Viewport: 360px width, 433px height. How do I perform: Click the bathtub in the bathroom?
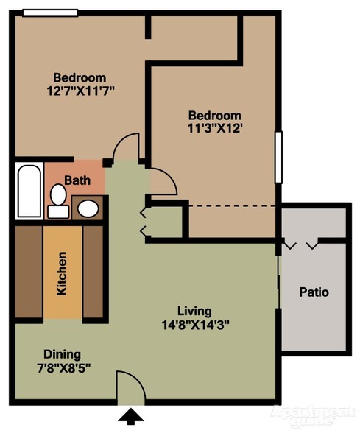[29, 191]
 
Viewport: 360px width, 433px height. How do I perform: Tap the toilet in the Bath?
[58, 201]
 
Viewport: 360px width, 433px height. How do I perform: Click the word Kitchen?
[62, 273]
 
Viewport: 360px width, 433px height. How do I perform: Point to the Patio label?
[314, 292]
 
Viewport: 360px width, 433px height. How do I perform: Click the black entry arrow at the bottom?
[130, 417]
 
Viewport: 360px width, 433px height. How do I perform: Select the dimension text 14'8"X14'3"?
[196, 325]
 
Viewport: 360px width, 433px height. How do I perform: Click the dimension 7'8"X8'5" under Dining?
[64, 368]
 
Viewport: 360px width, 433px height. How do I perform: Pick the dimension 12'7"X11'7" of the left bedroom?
[81, 91]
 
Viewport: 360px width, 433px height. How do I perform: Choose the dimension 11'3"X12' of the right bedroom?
[215, 128]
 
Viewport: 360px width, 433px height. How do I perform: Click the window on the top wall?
[50, 13]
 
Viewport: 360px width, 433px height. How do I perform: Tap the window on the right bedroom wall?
[278, 157]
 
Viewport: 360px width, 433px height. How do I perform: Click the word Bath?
[77, 180]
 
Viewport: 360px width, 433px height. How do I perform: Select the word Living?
[194, 311]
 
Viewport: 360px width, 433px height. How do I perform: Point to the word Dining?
[62, 355]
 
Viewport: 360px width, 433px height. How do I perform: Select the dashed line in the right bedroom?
[233, 206]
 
